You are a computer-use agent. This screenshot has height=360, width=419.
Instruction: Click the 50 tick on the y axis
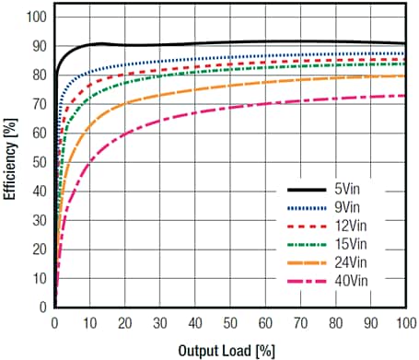click(41, 162)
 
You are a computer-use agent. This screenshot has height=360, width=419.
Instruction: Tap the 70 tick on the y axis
click(41, 104)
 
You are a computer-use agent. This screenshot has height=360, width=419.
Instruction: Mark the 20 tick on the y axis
click(41, 249)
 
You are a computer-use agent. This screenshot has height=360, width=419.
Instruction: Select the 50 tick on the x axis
click(230, 321)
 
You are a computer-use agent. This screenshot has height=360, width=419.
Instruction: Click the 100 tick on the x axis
click(403, 321)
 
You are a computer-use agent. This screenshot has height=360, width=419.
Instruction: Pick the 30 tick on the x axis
click(160, 321)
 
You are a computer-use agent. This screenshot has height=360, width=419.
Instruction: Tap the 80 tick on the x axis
click(335, 321)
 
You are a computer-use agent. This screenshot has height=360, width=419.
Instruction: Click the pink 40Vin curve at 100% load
click(404, 96)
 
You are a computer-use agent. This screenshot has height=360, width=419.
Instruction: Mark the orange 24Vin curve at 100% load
click(404, 75)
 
